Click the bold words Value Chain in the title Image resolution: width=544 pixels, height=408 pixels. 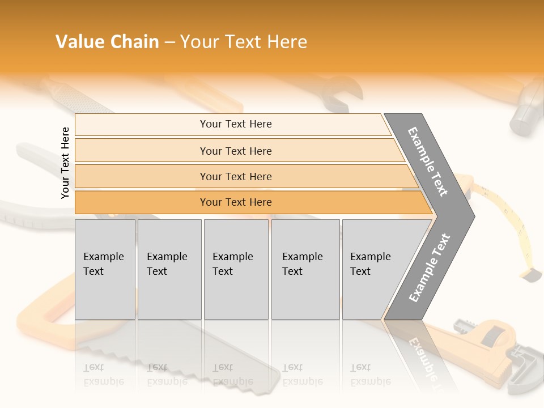pos(107,42)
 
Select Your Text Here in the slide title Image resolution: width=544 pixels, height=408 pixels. pos(244,42)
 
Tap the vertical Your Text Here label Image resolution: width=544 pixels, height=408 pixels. pos(66,163)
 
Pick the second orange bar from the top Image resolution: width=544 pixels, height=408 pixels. pos(235,151)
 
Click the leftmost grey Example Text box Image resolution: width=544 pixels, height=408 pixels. pos(105,269)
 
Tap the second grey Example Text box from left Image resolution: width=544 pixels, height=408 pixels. pos(169,269)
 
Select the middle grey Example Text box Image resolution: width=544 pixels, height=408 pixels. pos(236,269)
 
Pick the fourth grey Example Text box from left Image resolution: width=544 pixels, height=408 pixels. pos(305,269)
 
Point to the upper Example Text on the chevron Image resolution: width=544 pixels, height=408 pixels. pos(428,161)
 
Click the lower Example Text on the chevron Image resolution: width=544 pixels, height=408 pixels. pos(430,267)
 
